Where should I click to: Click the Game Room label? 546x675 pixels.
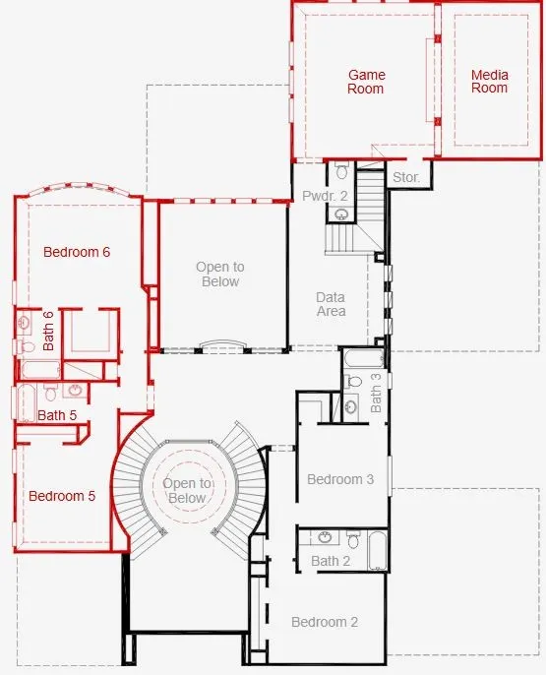tap(366, 82)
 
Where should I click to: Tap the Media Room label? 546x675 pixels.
tap(489, 82)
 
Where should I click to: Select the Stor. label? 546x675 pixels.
tap(405, 177)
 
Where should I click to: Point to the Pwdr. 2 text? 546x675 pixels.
tap(325, 196)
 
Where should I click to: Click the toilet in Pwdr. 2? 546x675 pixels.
tap(341, 171)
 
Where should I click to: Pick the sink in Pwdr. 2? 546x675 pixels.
tap(341, 214)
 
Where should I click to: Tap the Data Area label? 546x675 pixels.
tap(331, 304)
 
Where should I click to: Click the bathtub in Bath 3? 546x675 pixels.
tap(364, 358)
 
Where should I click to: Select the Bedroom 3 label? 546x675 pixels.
tap(340, 479)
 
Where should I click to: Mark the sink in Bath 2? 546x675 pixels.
tap(325, 537)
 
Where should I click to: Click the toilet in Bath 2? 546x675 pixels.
tap(353, 539)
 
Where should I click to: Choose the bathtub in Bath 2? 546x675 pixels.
tap(378, 551)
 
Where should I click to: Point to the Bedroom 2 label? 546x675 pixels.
tap(325, 622)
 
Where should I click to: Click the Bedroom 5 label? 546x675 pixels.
tap(62, 496)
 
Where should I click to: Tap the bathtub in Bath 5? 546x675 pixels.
tap(26, 403)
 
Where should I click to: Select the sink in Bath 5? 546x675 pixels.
tap(76, 391)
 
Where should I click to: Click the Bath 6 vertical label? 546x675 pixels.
tap(48, 331)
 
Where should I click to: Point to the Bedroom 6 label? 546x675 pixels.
tap(77, 252)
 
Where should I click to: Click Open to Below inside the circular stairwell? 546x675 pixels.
tap(187, 491)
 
